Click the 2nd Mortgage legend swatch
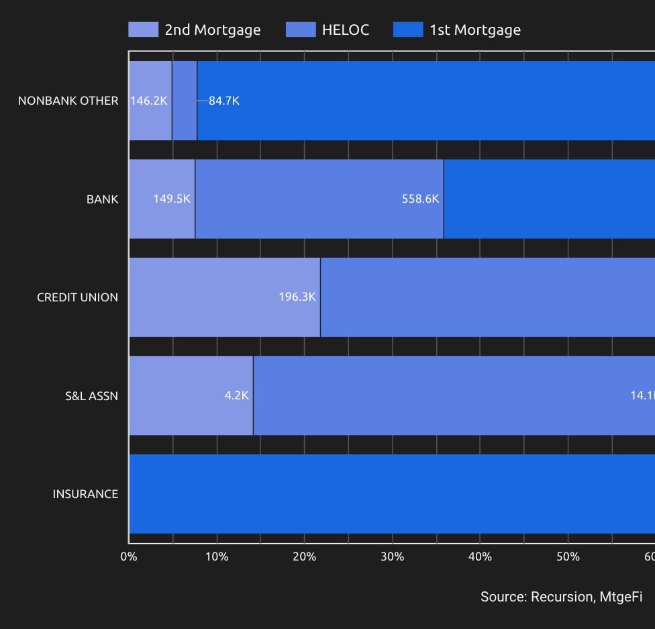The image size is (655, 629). [143, 30]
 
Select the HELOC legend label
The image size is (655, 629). [346, 30]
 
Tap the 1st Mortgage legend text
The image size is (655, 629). [475, 30]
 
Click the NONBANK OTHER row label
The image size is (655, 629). [68, 101]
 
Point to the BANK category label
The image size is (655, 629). [102, 199]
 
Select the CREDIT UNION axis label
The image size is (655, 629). [77, 297]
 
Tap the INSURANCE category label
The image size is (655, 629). [85, 494]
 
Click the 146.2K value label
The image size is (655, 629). [148, 101]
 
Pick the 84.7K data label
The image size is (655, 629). [223, 101]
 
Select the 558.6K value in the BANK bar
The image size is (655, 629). [420, 199]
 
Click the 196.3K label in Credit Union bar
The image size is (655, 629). [297, 297]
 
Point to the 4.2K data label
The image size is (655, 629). [237, 395]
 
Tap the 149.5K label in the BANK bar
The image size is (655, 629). [172, 199]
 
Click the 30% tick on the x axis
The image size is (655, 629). [392, 557]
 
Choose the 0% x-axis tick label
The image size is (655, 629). [129, 557]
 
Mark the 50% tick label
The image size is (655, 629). [568, 557]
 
